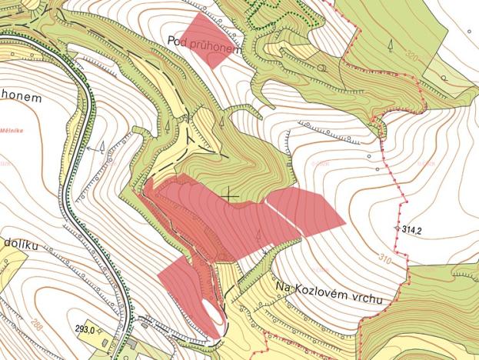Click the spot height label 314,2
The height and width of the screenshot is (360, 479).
[x=414, y=229]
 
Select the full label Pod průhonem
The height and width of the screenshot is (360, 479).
[x=204, y=43]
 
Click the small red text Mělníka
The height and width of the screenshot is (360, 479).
[x=12, y=131]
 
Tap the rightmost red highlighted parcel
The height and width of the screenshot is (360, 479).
[x=305, y=210]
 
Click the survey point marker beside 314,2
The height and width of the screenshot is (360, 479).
[x=398, y=229]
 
